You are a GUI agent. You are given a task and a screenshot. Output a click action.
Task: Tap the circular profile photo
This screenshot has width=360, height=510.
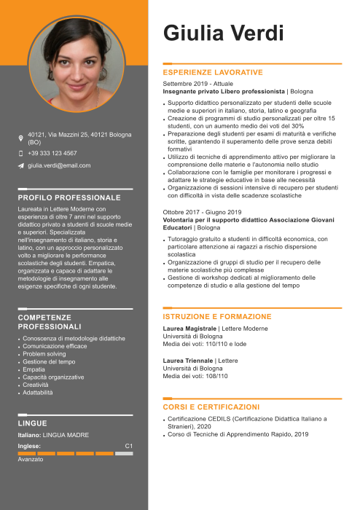(x=77, y=63)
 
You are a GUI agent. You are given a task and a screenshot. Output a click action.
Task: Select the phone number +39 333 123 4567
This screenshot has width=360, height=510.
(x=52, y=153)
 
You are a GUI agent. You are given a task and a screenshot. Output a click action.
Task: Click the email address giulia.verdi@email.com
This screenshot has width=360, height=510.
(x=59, y=165)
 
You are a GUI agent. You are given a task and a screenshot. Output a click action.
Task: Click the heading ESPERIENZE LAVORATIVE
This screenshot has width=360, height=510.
(x=212, y=73)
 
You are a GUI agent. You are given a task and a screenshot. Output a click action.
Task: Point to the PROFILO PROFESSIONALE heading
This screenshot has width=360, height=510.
(x=69, y=197)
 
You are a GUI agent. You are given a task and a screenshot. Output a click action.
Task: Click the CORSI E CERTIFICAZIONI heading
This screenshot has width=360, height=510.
(x=211, y=407)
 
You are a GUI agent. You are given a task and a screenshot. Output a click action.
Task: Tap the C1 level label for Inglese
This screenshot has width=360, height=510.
(x=128, y=445)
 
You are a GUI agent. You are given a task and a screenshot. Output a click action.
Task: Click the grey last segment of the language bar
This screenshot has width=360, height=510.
(x=125, y=453)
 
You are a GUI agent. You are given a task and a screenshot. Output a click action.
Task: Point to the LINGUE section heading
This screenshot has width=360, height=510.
(x=32, y=423)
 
